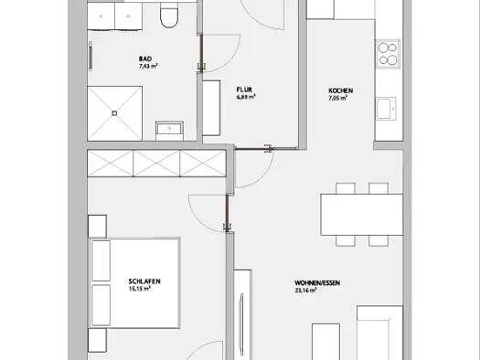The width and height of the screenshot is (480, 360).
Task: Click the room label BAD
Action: point(145,58)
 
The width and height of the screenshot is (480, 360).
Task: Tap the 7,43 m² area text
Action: point(148,66)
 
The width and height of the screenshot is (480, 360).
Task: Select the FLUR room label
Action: point(244,90)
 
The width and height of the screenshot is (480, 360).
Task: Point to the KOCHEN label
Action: point(340,90)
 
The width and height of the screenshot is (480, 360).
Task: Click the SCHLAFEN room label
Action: point(144,281)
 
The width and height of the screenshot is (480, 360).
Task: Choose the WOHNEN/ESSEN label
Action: point(317,283)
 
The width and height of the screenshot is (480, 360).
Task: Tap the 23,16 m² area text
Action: point(305,291)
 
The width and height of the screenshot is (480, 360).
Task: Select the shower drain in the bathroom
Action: point(114,113)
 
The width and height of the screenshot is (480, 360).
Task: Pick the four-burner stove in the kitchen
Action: point(389,54)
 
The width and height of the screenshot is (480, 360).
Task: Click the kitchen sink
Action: point(386,109)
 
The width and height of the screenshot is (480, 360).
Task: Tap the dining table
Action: point(361,215)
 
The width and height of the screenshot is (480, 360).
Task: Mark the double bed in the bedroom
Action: point(134,282)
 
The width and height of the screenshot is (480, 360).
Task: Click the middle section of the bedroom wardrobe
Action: point(156,163)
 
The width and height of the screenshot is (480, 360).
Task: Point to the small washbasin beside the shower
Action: point(169,131)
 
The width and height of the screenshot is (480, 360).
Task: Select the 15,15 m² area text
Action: point(140,289)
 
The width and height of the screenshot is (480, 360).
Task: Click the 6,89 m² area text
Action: point(246,97)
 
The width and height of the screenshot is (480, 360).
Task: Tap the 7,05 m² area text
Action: point(338,98)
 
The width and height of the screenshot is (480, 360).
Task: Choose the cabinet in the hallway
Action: point(211,108)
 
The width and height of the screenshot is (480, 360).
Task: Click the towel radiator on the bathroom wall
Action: point(91,57)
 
